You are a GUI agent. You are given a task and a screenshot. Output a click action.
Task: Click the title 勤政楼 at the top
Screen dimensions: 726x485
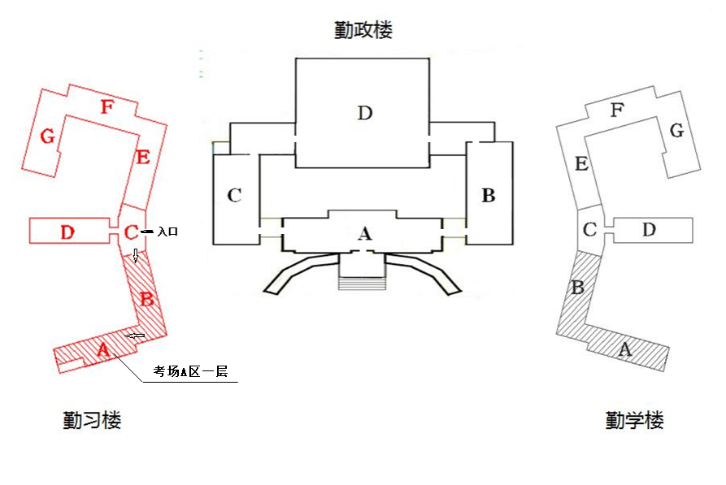[363, 30]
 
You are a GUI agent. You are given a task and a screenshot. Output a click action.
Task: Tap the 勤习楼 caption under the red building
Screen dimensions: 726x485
[92, 420]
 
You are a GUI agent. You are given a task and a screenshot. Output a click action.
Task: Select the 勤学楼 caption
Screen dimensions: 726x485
[635, 420]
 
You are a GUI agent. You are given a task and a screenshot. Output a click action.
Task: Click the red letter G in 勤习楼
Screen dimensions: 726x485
[48, 136]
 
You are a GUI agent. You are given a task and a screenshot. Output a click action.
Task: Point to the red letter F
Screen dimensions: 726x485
[107, 107]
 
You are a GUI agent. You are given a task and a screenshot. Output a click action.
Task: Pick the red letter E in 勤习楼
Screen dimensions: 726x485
[143, 158]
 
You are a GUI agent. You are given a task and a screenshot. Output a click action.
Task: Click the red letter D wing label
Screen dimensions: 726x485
[67, 232]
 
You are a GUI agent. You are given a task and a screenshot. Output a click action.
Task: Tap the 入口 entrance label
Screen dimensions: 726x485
[167, 231]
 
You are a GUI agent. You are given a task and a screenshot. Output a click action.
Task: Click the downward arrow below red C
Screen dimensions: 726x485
[136, 255]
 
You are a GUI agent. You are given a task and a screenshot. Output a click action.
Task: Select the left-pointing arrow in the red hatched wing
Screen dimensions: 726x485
[135, 336]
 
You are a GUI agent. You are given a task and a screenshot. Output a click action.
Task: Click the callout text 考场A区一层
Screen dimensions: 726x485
[191, 371]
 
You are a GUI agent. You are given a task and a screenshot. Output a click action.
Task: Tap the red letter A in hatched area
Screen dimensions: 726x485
[103, 349]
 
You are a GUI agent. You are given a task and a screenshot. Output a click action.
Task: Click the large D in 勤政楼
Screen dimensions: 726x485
[365, 112]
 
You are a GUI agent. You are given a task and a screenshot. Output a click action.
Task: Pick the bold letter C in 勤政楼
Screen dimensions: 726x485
[234, 195]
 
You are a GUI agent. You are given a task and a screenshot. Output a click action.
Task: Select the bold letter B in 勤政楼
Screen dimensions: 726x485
[489, 195]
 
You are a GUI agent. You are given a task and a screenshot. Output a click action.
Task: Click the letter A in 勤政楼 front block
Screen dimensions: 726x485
[365, 233]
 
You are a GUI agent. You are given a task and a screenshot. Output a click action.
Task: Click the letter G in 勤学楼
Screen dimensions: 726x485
[677, 130]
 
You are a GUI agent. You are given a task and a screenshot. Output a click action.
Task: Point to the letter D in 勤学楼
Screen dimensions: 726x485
[649, 229]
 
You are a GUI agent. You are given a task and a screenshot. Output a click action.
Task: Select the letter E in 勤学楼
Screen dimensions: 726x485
[581, 163]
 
